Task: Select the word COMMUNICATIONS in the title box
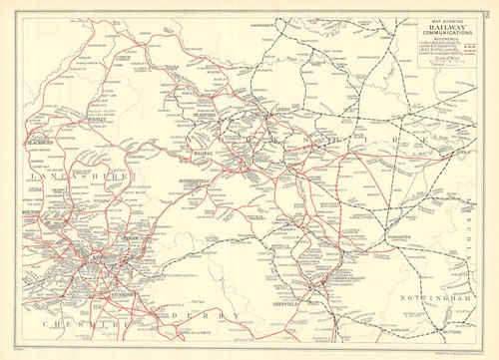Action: pos(447,32)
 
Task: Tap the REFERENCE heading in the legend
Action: pos(447,38)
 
